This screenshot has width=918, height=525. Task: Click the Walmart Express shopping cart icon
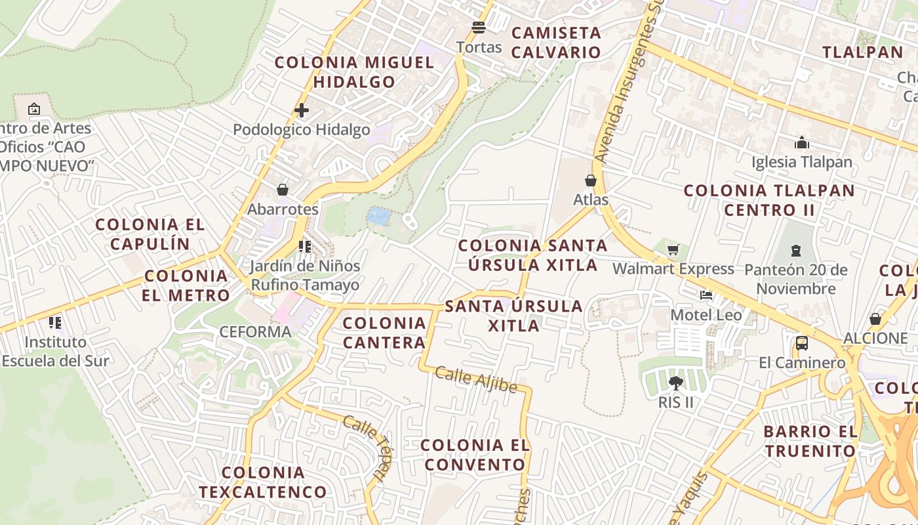[673, 250]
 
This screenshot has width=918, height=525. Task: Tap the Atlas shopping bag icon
[591, 180]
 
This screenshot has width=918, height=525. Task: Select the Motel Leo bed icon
[706, 295]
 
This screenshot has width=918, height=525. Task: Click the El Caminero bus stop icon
[801, 343]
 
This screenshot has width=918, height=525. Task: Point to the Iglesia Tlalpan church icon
[801, 142]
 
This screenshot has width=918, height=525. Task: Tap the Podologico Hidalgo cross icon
[302, 110]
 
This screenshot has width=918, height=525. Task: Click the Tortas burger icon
[479, 28]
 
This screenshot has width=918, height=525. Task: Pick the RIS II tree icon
[675, 383]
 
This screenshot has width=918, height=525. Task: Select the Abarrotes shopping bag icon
[283, 190]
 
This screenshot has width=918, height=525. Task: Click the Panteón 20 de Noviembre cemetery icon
[795, 250]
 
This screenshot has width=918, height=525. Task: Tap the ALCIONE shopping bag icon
[875, 319]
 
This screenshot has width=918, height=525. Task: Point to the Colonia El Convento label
[475, 455]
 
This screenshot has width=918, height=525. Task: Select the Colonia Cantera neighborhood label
[384, 333]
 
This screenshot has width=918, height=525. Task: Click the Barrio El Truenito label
[810, 441]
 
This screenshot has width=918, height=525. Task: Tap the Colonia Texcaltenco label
[263, 482]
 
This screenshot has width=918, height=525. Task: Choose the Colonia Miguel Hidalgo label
[354, 72]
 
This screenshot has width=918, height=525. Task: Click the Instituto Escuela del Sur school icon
[55, 322]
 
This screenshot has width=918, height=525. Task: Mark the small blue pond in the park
[377, 215]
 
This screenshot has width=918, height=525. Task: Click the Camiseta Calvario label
[556, 42]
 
